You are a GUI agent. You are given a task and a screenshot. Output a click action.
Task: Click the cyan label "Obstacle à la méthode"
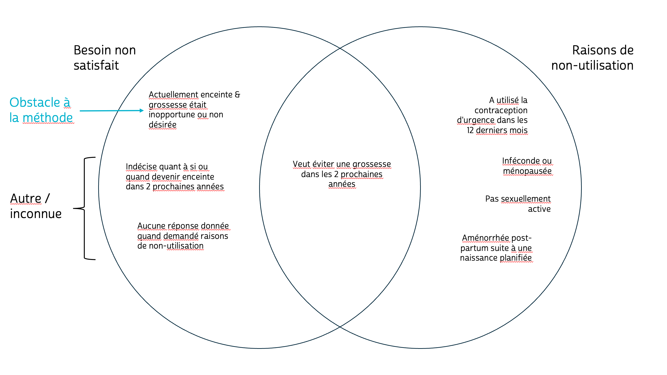pos(41,110)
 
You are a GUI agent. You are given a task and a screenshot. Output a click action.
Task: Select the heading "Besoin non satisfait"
pos(104,57)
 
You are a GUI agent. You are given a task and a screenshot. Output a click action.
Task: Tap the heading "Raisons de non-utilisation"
pos(592,57)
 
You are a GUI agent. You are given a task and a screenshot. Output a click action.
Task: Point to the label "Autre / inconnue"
pos(35,206)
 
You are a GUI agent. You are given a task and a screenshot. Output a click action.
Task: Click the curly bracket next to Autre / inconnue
pos(84,208)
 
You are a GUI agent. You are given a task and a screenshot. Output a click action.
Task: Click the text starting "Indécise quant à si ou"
pos(175,176)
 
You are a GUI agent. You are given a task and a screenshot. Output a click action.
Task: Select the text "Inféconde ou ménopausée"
pos(527,166)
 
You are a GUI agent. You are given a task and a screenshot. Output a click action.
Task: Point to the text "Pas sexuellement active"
pos(518,203)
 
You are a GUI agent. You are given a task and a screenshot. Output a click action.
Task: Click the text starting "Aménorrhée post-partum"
pos(496,248)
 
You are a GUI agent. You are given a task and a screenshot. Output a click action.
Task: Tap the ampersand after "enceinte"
pos(237,94)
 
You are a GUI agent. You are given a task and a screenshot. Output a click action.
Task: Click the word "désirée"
pos(162,125)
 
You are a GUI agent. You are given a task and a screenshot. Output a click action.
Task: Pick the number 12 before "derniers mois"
pos(470,130)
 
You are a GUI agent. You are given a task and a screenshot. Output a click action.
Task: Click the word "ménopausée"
pos(527,171)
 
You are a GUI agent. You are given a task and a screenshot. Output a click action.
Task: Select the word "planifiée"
pos(516,258)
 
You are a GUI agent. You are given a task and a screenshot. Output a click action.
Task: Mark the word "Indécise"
pos(141,166)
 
